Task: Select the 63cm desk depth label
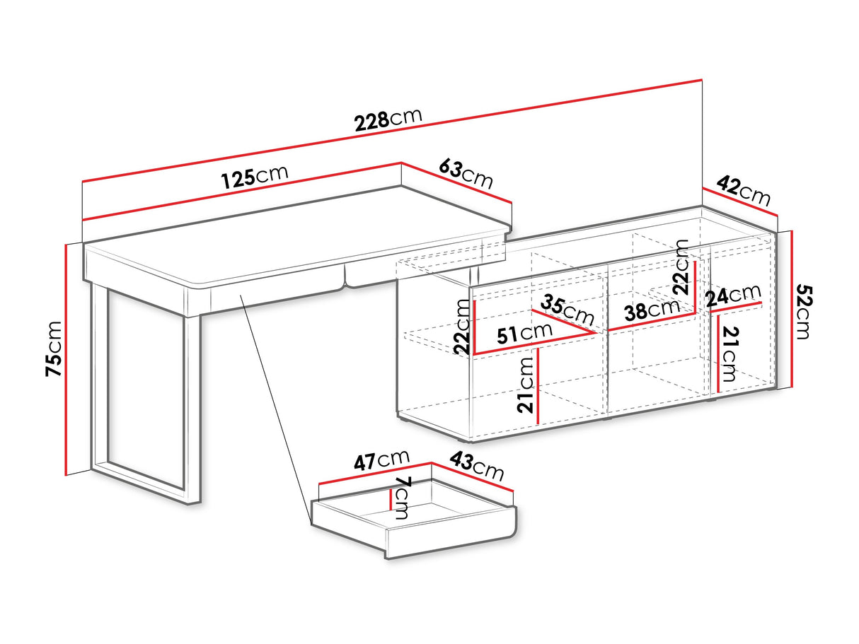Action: pyautogui.click(x=466, y=174)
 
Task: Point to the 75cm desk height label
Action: pyautogui.click(x=54, y=349)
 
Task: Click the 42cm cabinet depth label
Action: pyautogui.click(x=744, y=192)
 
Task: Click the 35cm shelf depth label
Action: pyautogui.click(x=567, y=310)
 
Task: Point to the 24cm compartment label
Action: pyautogui.click(x=733, y=295)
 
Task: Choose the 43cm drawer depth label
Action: pyautogui.click(x=476, y=466)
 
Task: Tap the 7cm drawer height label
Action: pyautogui.click(x=402, y=498)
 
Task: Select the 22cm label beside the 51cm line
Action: pyautogui.click(x=462, y=327)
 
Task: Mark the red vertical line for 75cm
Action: pyautogui.click(x=66, y=360)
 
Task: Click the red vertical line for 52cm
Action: pyautogui.click(x=791, y=309)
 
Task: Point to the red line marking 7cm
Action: pyautogui.click(x=391, y=499)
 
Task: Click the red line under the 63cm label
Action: pyautogui.click(x=456, y=182)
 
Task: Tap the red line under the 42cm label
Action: pyautogui.click(x=739, y=202)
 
